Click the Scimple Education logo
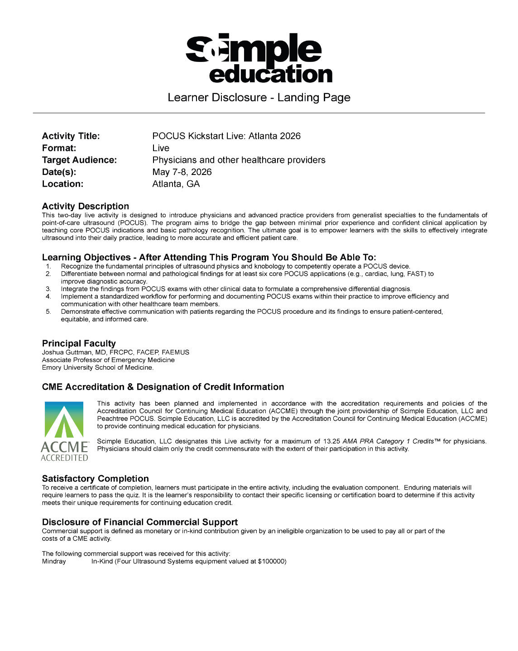(x=259, y=58)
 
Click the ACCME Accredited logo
(x=64, y=431)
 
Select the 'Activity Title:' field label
(x=71, y=136)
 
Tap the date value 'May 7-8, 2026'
(x=182, y=172)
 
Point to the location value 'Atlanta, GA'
(x=176, y=184)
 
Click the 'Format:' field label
(x=59, y=148)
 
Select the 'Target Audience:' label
(x=79, y=160)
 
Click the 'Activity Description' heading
(x=86, y=206)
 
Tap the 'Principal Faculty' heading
(x=79, y=343)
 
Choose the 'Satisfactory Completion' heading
(x=96, y=478)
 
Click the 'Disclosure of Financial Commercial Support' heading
(x=140, y=522)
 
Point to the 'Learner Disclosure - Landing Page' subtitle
(x=259, y=98)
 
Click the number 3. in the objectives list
(x=48, y=289)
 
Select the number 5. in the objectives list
(x=48, y=311)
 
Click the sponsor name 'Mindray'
(x=54, y=561)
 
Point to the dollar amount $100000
(x=271, y=561)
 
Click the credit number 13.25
(x=331, y=441)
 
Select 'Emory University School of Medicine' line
(x=98, y=368)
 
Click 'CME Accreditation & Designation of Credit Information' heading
(x=163, y=387)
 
